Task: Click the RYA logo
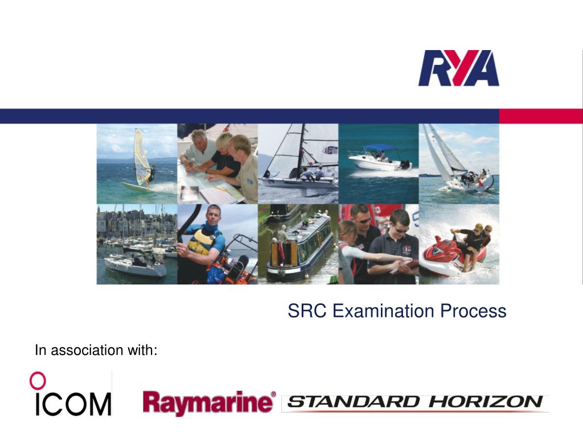pyautogui.click(x=458, y=68)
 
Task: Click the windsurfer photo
pyautogui.click(x=137, y=164)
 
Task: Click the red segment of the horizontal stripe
pyautogui.click(x=541, y=116)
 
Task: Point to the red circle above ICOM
pyautogui.click(x=38, y=380)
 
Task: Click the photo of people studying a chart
pyautogui.click(x=217, y=164)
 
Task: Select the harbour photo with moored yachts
pyautogui.click(x=137, y=244)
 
